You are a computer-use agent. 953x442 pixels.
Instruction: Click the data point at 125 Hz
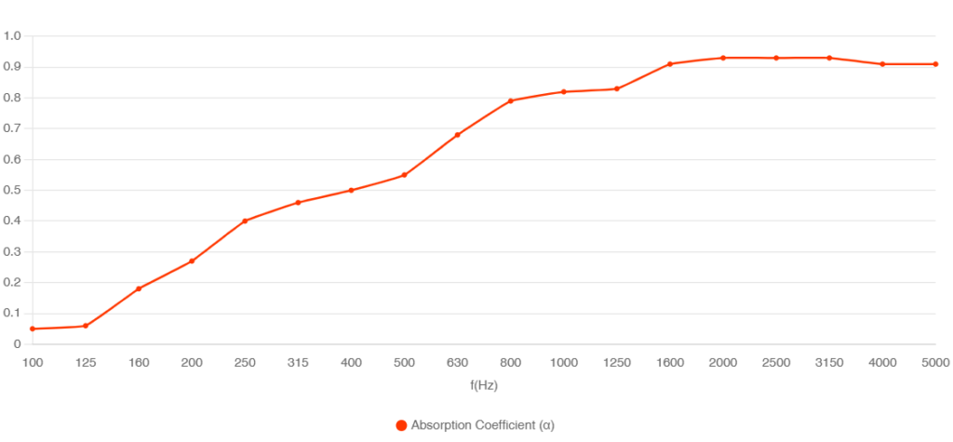pos(86,326)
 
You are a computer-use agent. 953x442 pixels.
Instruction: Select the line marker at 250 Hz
pos(245,221)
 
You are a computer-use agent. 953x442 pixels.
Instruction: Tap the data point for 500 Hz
pos(404,175)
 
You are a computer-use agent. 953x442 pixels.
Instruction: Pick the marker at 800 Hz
pos(510,101)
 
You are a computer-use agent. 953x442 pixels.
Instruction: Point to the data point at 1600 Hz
pos(669,64)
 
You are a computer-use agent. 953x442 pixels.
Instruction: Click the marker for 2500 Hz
pos(775,58)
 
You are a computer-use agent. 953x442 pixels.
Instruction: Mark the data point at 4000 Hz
pos(882,63)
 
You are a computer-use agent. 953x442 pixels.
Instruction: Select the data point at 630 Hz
pos(457,135)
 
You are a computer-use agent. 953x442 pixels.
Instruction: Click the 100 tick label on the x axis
pos(33,363)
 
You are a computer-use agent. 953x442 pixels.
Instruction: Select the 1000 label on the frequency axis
pos(563,363)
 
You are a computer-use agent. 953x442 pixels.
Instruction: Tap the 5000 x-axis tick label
pos(935,363)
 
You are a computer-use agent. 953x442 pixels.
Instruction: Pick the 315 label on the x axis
pos(298,363)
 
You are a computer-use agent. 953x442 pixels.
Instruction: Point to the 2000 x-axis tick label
pos(722,363)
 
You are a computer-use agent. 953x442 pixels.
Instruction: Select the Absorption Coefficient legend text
pos(483,425)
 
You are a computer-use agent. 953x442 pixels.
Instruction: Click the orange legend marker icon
pos(401,425)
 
